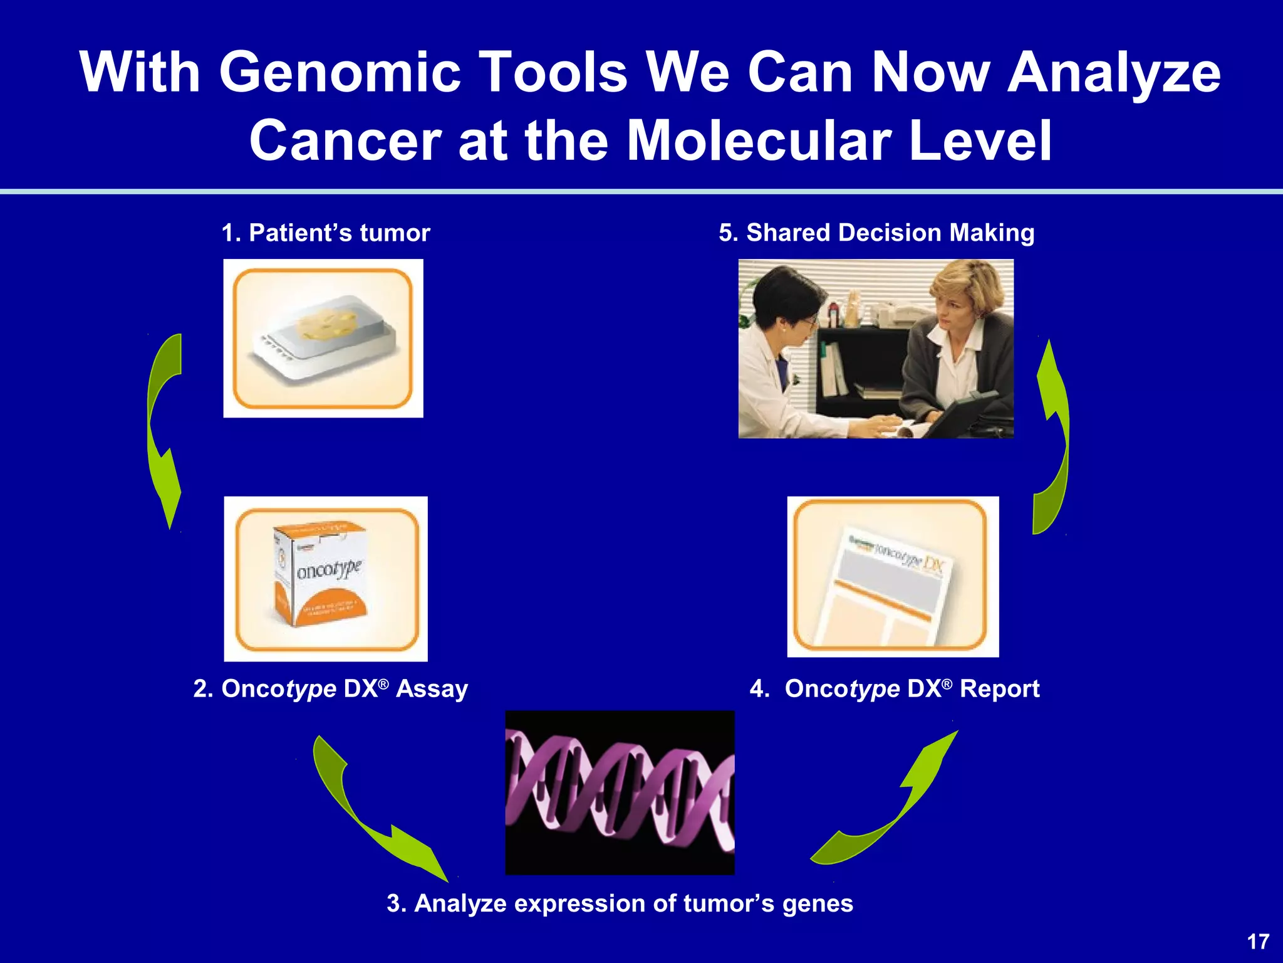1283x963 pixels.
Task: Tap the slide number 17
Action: click(1258, 941)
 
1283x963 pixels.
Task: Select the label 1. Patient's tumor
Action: click(326, 233)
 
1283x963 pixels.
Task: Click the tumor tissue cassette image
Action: click(323, 339)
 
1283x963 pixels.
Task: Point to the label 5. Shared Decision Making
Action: click(876, 233)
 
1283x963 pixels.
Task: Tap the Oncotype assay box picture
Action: click(326, 578)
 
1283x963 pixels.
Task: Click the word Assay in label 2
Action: click(432, 689)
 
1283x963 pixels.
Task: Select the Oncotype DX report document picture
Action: click(893, 577)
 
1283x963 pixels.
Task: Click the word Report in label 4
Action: click(999, 689)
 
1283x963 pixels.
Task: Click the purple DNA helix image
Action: click(620, 792)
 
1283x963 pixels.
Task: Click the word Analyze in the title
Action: click(1113, 73)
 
